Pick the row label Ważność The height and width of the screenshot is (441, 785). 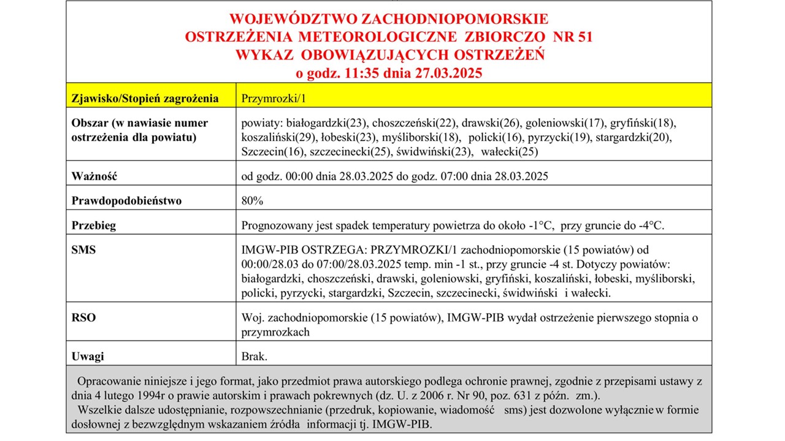pos(94,176)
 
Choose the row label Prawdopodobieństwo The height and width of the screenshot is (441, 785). pos(126,200)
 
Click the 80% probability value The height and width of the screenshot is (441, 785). pos(252,200)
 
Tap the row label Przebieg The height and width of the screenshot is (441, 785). pos(93,225)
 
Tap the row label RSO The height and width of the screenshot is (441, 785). pos(83,318)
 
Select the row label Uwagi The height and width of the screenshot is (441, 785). pos(88,356)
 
